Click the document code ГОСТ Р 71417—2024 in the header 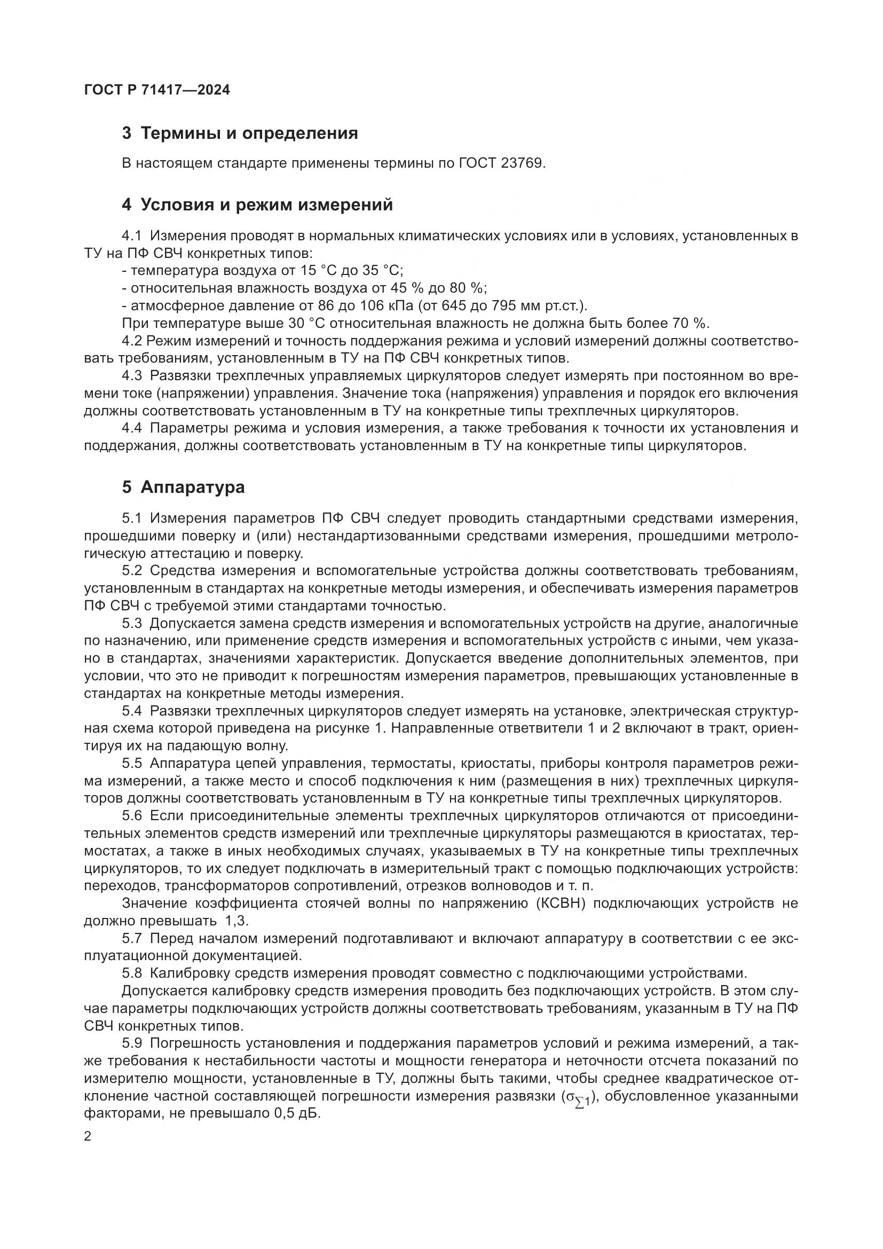click(x=157, y=90)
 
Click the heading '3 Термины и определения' click(x=240, y=133)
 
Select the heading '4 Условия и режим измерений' click(x=257, y=205)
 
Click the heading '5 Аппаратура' click(x=183, y=488)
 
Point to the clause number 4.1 click(x=131, y=236)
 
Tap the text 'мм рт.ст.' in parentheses click(x=563, y=306)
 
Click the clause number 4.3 click(x=131, y=376)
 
